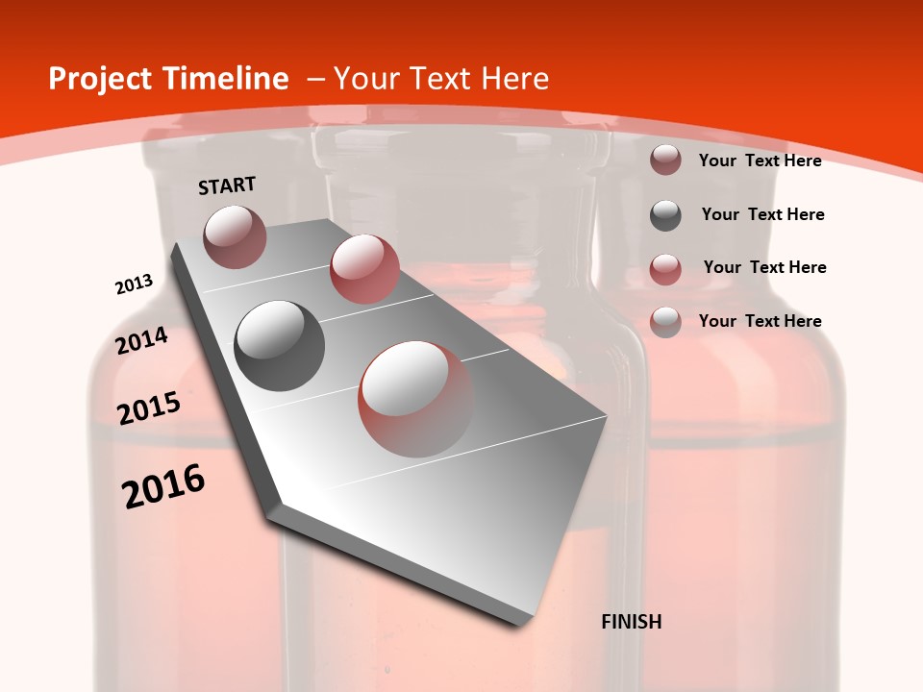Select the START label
click(227, 185)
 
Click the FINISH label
click(632, 622)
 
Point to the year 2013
click(134, 284)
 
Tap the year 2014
click(141, 341)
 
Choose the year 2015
click(149, 408)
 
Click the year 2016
click(163, 485)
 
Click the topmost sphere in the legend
click(665, 160)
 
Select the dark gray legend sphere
click(665, 215)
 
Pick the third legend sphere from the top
click(665, 269)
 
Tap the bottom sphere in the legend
click(665, 322)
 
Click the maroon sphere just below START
click(235, 236)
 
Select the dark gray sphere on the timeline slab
click(280, 345)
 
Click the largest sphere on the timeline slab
click(415, 398)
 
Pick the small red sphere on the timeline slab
click(364, 268)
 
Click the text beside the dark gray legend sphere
click(762, 214)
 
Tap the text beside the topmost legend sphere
click(760, 161)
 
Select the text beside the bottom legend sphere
click(760, 321)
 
